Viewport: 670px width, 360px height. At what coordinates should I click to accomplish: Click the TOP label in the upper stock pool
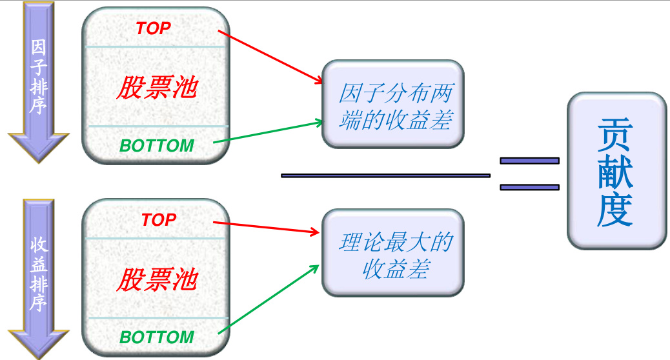(154, 28)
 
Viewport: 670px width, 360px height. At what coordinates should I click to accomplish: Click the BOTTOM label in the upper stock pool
(157, 146)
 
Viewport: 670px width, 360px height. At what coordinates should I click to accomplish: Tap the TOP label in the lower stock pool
(159, 220)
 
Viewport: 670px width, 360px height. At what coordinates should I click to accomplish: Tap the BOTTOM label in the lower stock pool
(157, 337)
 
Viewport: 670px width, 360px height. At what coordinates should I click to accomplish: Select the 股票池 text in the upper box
(156, 88)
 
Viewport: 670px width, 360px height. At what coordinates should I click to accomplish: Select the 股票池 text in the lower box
(156, 280)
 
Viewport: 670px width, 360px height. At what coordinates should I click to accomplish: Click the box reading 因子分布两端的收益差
(393, 104)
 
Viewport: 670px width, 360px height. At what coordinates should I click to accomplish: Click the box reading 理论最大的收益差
(393, 254)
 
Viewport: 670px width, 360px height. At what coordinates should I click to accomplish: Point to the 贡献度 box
(616, 171)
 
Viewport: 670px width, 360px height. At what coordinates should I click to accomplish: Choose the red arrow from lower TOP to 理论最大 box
(268, 228)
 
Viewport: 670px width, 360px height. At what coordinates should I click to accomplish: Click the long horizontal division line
(385, 175)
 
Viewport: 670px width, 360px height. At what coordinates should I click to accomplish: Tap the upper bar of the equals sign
(529, 161)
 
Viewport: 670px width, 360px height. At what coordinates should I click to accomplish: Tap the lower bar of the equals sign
(529, 187)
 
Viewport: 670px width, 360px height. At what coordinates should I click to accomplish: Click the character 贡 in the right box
(615, 134)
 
